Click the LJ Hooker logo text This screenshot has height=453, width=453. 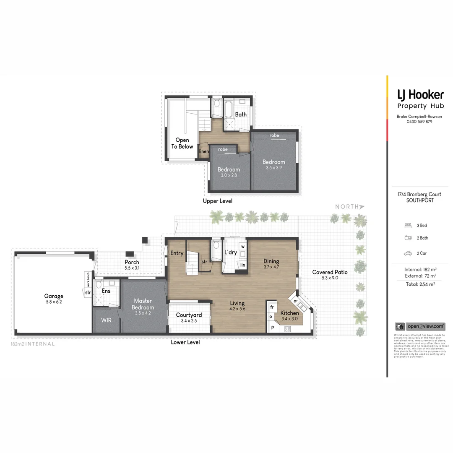coord(420,94)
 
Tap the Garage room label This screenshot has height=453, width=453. coord(54,296)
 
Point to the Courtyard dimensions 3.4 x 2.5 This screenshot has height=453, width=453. coord(189,321)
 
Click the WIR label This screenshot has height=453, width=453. coord(107,320)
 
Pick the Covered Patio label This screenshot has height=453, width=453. coord(330,272)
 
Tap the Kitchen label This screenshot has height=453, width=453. coord(289,313)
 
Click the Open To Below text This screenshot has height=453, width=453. coord(182,143)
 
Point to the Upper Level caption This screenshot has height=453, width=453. coord(217,201)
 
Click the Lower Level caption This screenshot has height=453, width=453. coord(185,342)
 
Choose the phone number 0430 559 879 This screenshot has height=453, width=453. coord(419,122)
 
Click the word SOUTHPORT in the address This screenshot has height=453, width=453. coord(420,200)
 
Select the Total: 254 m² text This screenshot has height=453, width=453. coord(419,284)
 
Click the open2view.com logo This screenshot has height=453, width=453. coord(420,326)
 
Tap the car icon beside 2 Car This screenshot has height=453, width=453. coord(408,253)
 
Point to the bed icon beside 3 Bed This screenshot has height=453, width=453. coord(408,226)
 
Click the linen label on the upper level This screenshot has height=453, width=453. coord(204,151)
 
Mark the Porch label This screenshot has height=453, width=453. coord(132,262)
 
